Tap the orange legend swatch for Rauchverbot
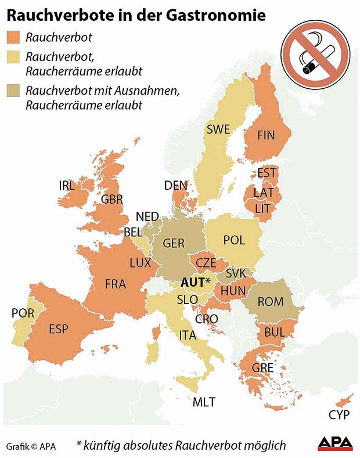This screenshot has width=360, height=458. (13, 37)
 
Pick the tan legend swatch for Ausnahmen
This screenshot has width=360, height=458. (13, 91)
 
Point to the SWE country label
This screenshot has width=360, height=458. (218, 129)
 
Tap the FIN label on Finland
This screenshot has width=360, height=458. (266, 135)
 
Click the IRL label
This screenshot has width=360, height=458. (67, 186)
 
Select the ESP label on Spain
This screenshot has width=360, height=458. (58, 329)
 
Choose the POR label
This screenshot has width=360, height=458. (23, 313)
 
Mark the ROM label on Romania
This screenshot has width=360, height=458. (271, 302)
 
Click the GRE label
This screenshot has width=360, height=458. (262, 367)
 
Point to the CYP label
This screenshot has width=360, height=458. (339, 415)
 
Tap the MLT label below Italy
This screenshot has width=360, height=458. (204, 402)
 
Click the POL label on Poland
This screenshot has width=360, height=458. (234, 240)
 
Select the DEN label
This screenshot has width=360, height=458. (176, 185)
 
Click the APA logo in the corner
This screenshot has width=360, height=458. (335, 443)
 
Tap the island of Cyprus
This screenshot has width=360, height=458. (344, 400)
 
